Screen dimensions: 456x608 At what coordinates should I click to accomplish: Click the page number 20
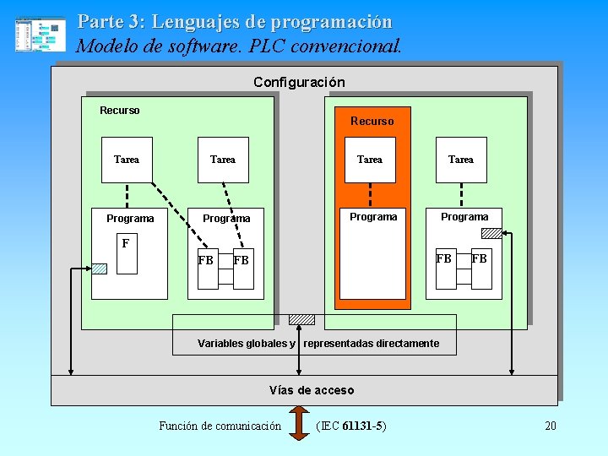point(551,426)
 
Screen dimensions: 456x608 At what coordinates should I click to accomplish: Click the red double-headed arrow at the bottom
point(300,424)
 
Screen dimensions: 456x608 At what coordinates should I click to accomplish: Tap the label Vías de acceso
point(312,390)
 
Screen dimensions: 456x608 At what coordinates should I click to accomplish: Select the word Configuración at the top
point(299,82)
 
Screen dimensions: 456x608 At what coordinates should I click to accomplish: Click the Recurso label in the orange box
point(372,121)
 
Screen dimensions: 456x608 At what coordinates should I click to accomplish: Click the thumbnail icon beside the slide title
point(40,35)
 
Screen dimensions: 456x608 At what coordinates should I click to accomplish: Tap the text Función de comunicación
point(220,426)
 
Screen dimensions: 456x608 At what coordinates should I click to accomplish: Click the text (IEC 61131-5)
point(350,426)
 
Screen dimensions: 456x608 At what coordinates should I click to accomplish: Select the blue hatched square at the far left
point(100,269)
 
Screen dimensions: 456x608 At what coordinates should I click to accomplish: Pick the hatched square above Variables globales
point(301,320)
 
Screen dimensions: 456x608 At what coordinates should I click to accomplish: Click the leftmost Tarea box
point(127,160)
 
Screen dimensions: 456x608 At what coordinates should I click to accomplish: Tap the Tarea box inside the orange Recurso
point(370,160)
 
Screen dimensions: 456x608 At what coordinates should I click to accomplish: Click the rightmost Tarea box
point(461,160)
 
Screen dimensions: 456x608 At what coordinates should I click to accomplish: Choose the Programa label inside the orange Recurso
point(373,217)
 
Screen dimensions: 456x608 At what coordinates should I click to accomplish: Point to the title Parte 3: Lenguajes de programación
point(235,21)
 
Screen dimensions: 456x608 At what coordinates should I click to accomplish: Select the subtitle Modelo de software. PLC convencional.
point(239,46)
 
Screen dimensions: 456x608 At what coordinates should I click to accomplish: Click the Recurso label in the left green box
point(120,111)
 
